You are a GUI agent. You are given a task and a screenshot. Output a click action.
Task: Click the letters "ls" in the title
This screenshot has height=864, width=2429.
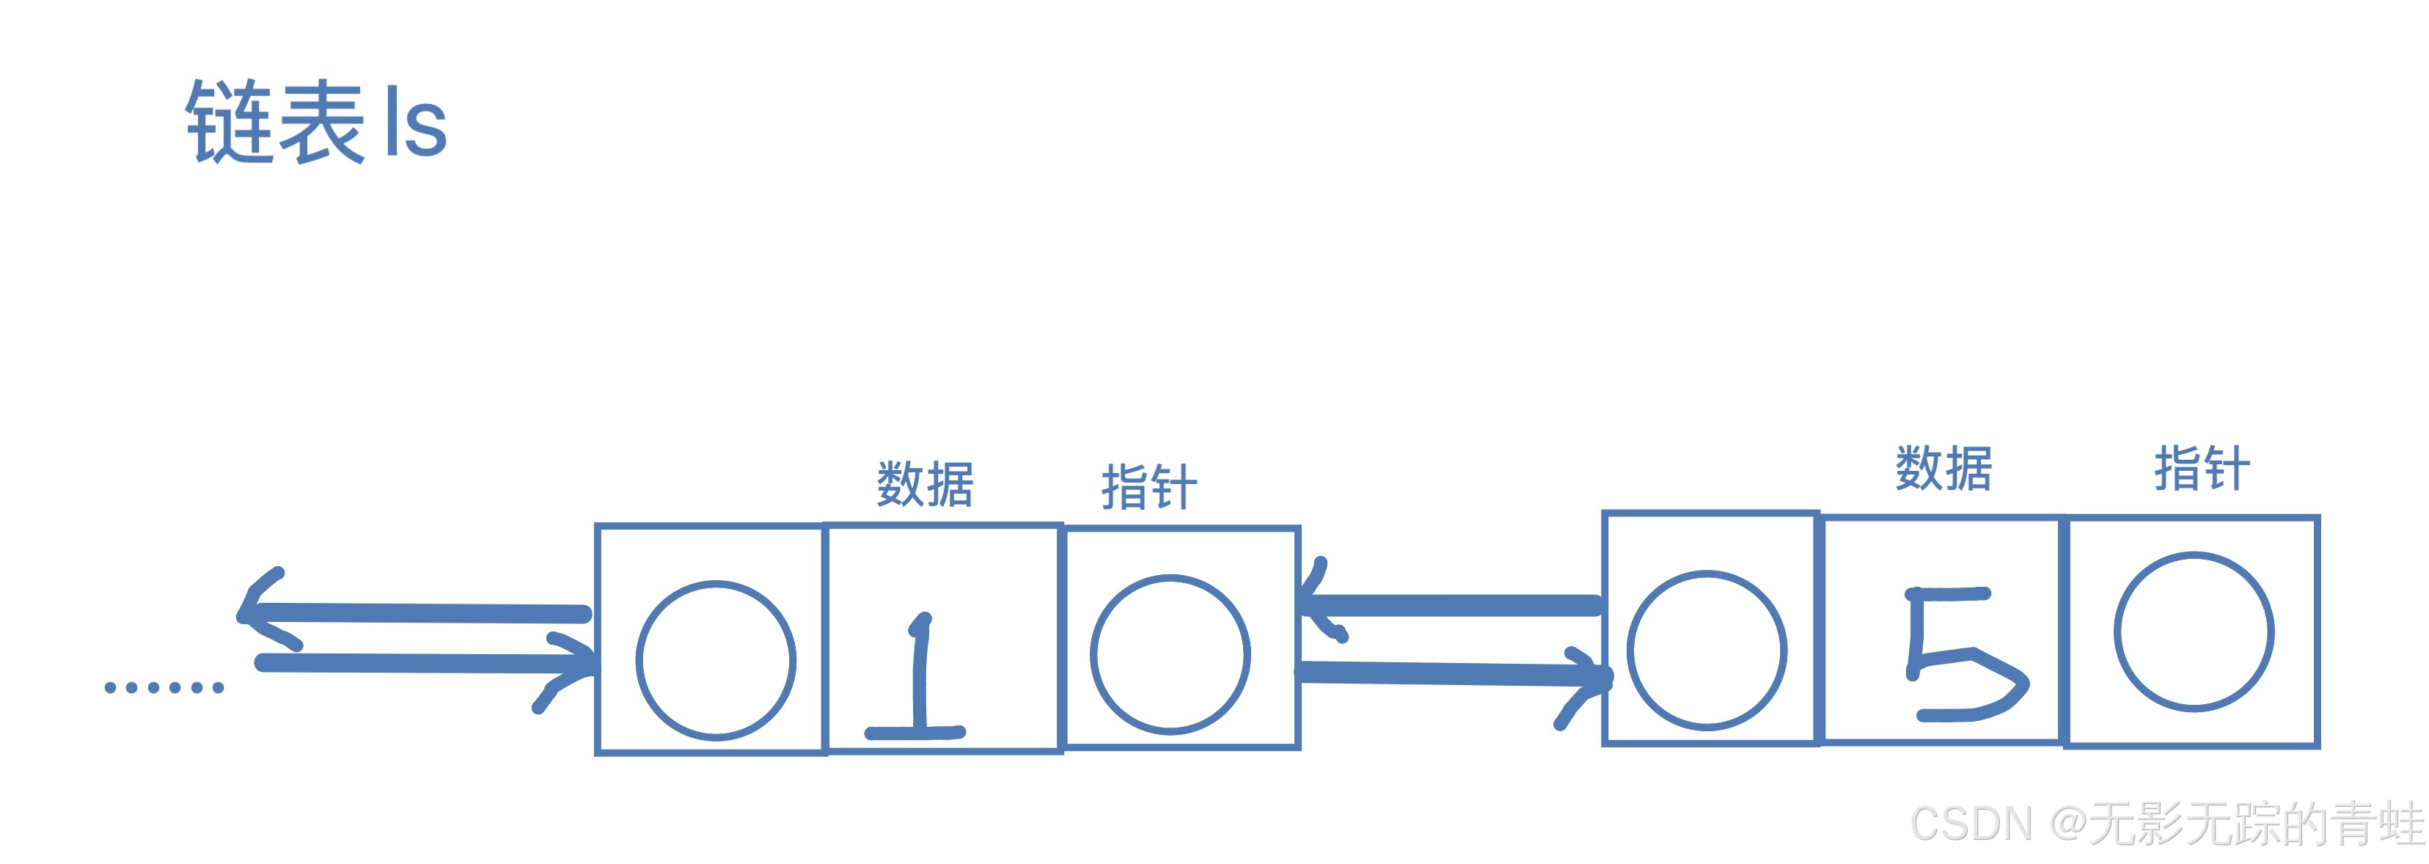pyautogui.click(x=416, y=125)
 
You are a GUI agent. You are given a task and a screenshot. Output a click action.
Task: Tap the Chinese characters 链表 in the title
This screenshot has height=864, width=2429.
pyautogui.click(x=274, y=122)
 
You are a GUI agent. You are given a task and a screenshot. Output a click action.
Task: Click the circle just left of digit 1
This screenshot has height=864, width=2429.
pyautogui.click(x=716, y=660)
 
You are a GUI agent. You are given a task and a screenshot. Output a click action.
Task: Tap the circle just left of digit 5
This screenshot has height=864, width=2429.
pyautogui.click(x=1707, y=650)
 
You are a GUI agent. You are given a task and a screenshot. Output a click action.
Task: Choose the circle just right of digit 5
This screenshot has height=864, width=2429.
pyautogui.click(x=2194, y=631)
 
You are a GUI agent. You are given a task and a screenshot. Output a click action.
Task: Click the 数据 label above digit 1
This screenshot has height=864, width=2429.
pyautogui.click(x=925, y=485)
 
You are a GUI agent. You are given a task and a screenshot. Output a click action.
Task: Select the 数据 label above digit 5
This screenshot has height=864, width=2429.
pyautogui.click(x=1944, y=469)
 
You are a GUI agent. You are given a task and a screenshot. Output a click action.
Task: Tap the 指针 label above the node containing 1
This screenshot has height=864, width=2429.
pyautogui.click(x=1149, y=488)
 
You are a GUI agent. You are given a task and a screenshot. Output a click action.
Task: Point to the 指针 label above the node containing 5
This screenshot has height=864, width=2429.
pyautogui.click(x=2202, y=469)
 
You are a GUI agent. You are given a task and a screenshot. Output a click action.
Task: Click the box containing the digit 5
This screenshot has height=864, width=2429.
pyautogui.click(x=1943, y=630)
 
